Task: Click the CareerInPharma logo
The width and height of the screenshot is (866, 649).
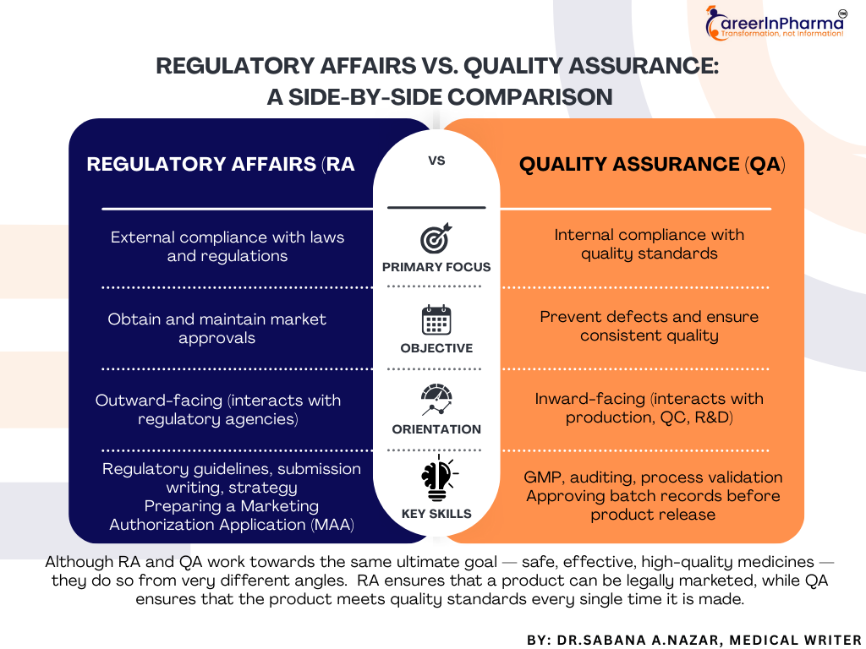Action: point(776,23)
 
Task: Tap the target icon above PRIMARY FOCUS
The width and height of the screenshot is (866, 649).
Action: point(436,238)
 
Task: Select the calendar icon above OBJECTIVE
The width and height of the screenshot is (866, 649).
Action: point(436,320)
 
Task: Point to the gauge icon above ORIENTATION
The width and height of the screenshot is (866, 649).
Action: point(436,400)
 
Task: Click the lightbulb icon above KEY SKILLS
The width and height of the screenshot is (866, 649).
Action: point(438,478)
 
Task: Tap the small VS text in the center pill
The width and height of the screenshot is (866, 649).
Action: point(436,161)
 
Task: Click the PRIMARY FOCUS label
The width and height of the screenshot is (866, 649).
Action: point(436,267)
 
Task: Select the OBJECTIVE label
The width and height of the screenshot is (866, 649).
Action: point(436,348)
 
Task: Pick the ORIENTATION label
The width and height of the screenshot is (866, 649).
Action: point(436,429)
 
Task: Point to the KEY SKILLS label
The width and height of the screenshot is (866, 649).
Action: point(436,514)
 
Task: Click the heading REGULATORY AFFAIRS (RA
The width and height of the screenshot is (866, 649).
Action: point(221,165)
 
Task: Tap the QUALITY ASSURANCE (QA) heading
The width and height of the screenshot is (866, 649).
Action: point(652,165)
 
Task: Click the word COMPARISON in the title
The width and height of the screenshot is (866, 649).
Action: point(530,97)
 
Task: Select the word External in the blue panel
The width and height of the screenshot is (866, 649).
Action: point(142,237)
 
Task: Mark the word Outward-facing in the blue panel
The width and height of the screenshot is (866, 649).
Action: point(158,401)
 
